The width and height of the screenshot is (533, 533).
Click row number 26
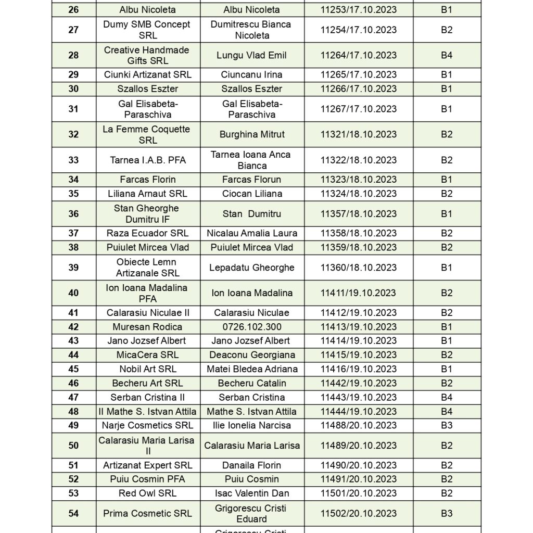pyautogui.click(x=73, y=9)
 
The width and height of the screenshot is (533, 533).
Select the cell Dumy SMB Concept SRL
pyautogui.click(x=147, y=30)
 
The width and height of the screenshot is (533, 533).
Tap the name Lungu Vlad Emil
pyautogui.click(x=252, y=55)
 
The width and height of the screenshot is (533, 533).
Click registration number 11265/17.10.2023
pyautogui.click(x=358, y=74)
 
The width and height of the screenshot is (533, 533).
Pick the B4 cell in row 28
pyautogui.click(x=447, y=55)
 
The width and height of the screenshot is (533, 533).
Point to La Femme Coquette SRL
pyautogui.click(x=147, y=134)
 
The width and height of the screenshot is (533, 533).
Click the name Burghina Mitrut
pyautogui.click(x=252, y=134)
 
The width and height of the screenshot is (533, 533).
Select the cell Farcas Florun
pyautogui.click(x=252, y=180)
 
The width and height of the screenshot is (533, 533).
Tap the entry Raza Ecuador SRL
pyautogui.click(x=147, y=233)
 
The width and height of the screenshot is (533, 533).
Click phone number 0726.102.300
pyautogui.click(x=252, y=327)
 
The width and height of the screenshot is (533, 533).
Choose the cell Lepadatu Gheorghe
pyautogui.click(x=252, y=268)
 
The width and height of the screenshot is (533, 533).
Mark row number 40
pyautogui.click(x=73, y=293)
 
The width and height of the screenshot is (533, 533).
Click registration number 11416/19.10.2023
pyautogui.click(x=358, y=369)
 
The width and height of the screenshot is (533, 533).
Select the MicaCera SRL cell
pyautogui.click(x=147, y=355)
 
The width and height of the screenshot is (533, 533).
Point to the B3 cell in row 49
pyautogui.click(x=447, y=425)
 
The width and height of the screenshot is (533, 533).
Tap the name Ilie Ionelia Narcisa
pyautogui.click(x=252, y=425)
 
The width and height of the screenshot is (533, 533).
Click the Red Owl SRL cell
pyautogui.click(x=147, y=493)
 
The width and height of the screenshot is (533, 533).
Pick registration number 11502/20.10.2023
pyautogui.click(x=358, y=513)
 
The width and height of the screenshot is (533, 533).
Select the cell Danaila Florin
pyautogui.click(x=252, y=465)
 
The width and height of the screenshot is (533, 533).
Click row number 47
pyautogui.click(x=73, y=397)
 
